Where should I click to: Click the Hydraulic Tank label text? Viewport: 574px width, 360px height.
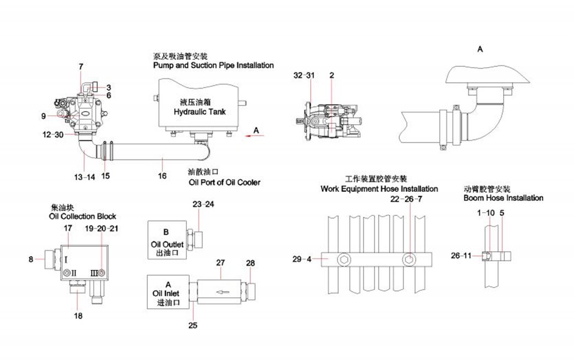click(x=199, y=112)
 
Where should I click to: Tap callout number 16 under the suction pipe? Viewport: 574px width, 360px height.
click(x=163, y=175)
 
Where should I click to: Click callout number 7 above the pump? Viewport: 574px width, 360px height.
click(x=81, y=67)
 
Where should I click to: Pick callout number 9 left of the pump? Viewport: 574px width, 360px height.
click(x=43, y=116)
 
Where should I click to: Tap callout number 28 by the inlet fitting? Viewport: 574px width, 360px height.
click(x=250, y=263)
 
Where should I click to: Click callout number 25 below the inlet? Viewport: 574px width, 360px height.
click(x=193, y=325)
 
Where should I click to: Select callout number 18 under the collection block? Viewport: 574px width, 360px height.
click(x=78, y=316)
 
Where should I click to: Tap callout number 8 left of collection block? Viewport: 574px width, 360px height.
click(x=31, y=258)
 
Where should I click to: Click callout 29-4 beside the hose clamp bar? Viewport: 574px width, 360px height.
click(x=302, y=258)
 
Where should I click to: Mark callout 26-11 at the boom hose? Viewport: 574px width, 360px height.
click(x=462, y=256)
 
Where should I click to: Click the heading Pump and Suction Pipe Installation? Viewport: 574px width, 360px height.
click(x=213, y=65)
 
